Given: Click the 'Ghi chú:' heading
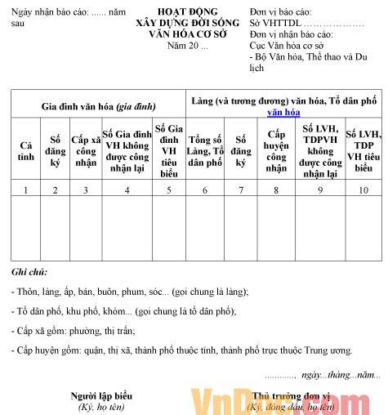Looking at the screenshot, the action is (x=29, y=271).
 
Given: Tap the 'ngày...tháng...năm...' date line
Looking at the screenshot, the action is (x=340, y=374).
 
